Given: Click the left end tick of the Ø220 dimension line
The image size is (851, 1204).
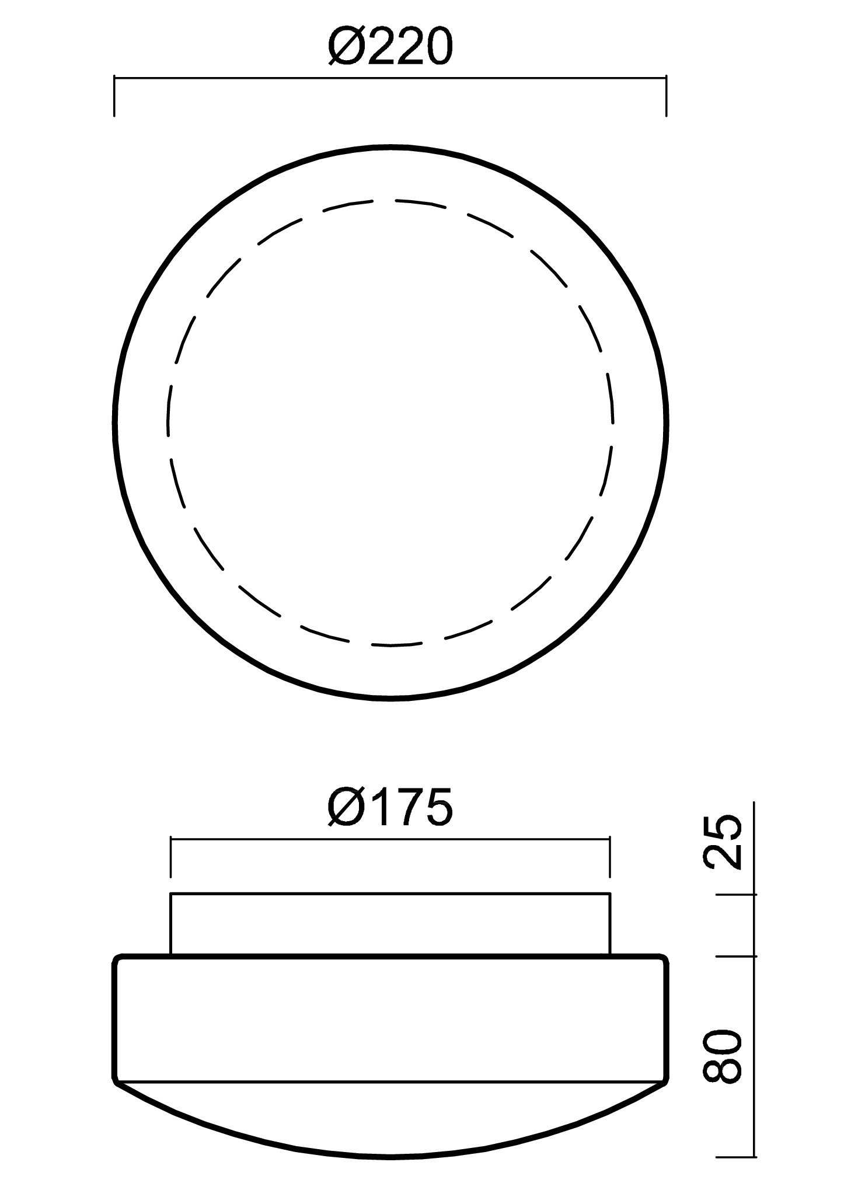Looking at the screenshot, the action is [114, 95].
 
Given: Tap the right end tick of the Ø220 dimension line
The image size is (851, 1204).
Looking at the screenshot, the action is [666, 95].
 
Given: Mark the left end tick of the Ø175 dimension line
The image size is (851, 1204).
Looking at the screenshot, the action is [170, 857].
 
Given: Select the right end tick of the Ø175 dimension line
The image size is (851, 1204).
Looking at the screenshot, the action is [609, 857].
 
